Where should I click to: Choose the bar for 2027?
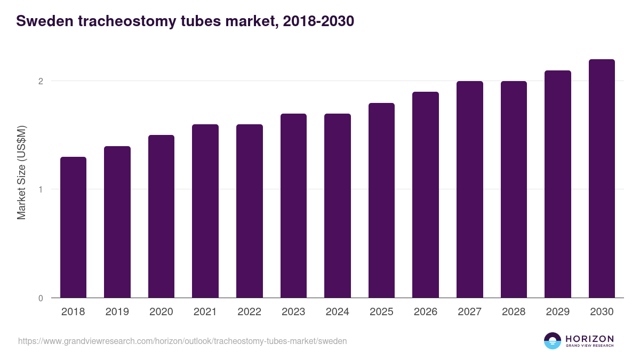pos(469,189)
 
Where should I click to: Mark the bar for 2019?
pos(117,222)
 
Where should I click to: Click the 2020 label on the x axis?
pos(161,312)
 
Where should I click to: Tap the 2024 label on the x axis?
pos(337,312)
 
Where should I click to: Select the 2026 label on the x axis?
pos(426,312)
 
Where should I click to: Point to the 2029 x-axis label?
pos(557,312)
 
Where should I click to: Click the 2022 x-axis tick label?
pos(249,312)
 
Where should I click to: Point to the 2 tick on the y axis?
pos(40,81)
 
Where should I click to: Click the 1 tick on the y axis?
pos(40,189)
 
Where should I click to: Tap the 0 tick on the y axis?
pos(40,298)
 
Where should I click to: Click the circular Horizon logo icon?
pos(553,341)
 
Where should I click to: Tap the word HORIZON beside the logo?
pos(589,339)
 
